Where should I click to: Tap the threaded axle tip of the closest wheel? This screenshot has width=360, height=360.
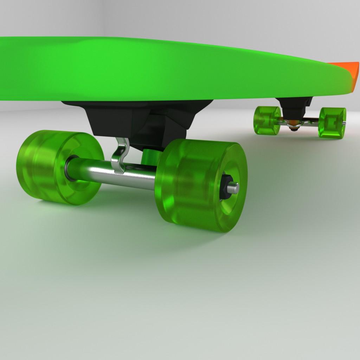[234, 188]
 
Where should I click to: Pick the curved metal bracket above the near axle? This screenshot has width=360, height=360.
[120, 155]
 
